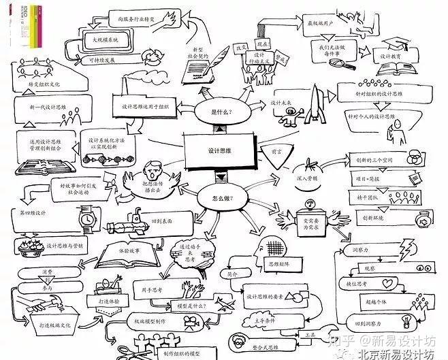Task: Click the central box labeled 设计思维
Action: pos(219,152)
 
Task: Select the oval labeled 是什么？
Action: pos(222,111)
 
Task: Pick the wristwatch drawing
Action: pos(86,220)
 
